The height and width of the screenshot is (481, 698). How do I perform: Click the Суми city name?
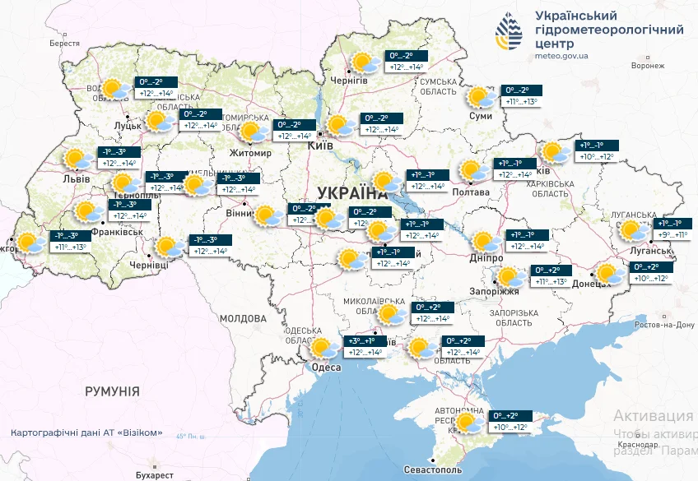pyautogui.click(x=480, y=116)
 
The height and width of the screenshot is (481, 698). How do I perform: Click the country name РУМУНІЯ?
pyautogui.click(x=112, y=391)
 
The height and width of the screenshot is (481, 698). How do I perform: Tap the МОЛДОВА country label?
pyautogui.click(x=244, y=317)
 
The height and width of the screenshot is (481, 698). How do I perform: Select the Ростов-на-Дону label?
pyautogui.click(x=663, y=325)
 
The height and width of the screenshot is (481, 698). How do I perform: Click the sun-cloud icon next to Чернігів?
pyautogui.click(x=362, y=62)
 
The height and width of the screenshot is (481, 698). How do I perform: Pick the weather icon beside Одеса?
pyautogui.click(x=323, y=349)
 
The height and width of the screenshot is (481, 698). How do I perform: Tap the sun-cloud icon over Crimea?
pyautogui.click(x=469, y=424)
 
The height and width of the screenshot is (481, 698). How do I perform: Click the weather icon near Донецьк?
pyautogui.click(x=610, y=274)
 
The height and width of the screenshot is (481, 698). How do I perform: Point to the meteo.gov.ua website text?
pyautogui.click(x=561, y=57)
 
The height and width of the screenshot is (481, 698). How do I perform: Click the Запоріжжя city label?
pyautogui.click(x=497, y=292)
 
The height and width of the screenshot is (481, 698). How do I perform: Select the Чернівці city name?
pyautogui.click(x=149, y=265)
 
